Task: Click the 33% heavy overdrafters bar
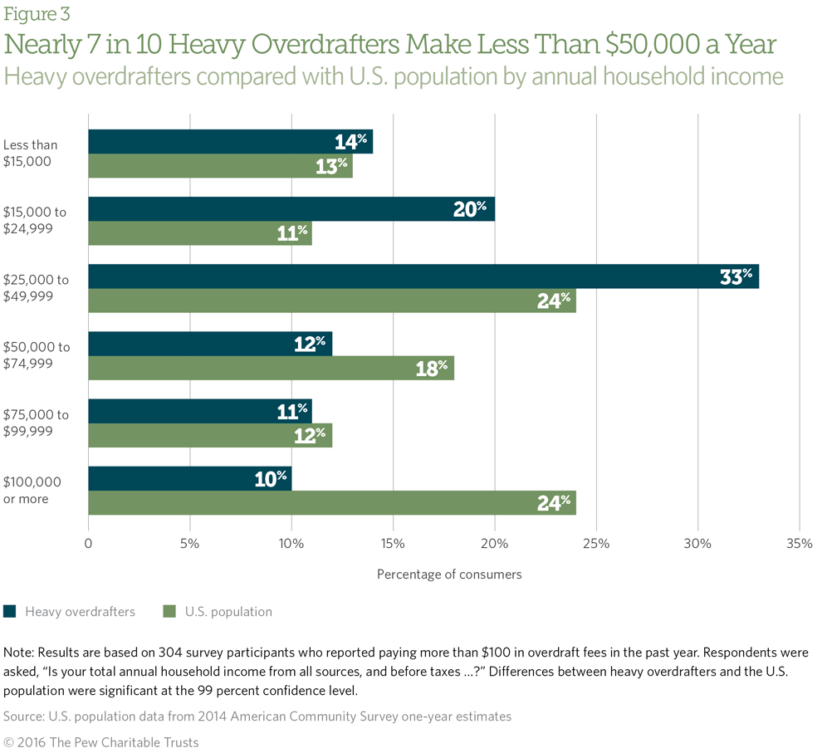point(423,276)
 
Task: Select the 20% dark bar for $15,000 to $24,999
point(291,209)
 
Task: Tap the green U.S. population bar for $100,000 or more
point(332,502)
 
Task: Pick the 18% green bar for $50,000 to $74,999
point(271,368)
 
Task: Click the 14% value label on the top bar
point(350,141)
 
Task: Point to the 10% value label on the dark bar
point(270,478)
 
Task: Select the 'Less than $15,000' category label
point(31,154)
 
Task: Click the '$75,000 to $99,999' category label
point(35,423)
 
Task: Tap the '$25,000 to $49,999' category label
point(35,288)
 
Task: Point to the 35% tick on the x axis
point(799,545)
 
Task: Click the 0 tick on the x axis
point(89,545)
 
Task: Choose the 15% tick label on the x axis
point(393,545)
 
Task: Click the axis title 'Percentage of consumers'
point(449,574)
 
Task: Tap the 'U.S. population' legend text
point(228,612)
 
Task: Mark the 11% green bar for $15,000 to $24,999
point(199,233)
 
